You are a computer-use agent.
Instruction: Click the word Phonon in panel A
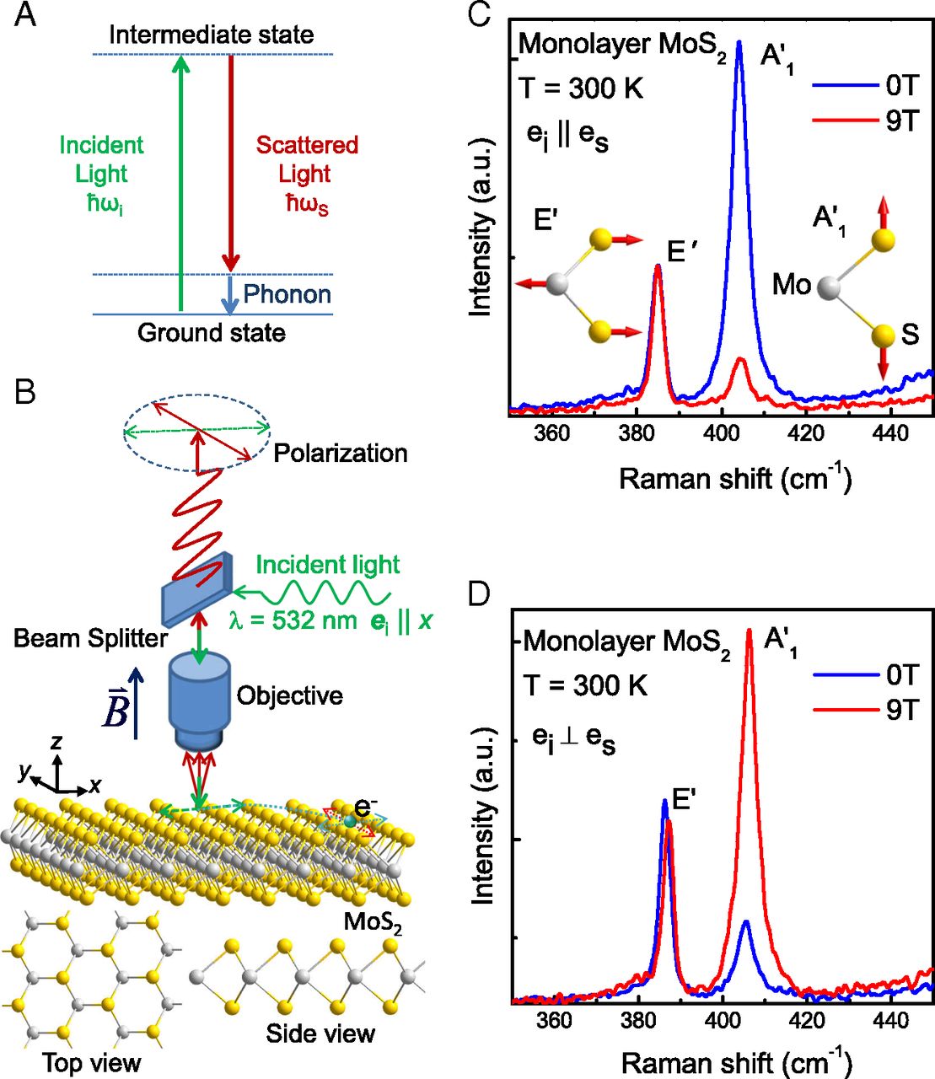[x=287, y=294]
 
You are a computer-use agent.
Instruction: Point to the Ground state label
[x=211, y=333]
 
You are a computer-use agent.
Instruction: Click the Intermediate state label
[x=211, y=35]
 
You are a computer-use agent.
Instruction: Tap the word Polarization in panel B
[x=340, y=453]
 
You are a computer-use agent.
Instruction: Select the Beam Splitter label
[x=90, y=638]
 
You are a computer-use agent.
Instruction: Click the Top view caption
[x=92, y=1062]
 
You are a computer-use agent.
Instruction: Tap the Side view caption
[x=320, y=1033]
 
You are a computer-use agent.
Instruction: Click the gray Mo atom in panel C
[x=830, y=288]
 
